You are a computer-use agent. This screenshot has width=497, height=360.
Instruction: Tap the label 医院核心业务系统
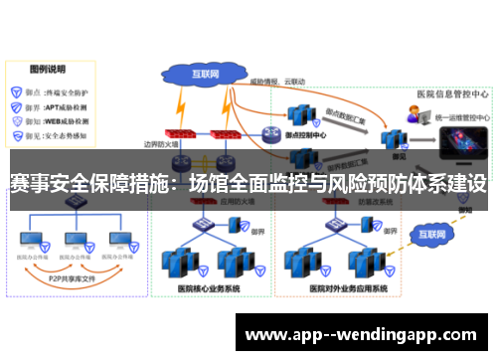point(208,289)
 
